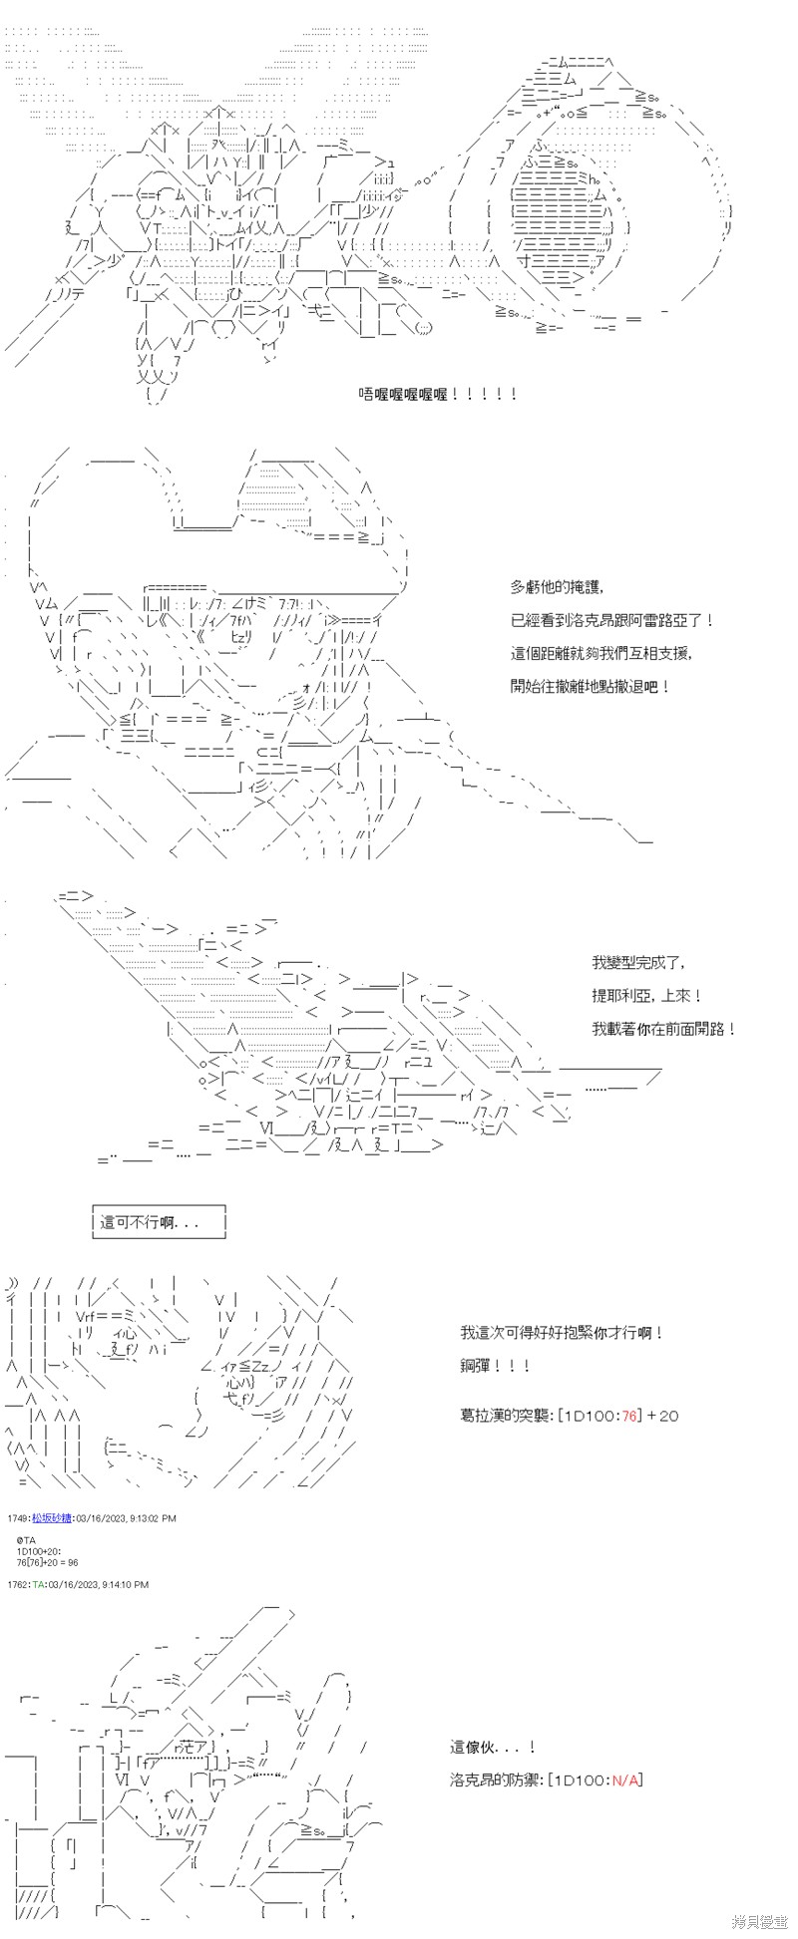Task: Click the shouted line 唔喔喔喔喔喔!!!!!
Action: point(438,394)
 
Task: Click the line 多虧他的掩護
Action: point(558,587)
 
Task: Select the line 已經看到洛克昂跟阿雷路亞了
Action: point(612,620)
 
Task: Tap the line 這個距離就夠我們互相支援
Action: point(601,653)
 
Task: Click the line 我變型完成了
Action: point(638,962)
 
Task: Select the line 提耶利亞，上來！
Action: point(646,995)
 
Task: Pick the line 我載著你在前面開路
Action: point(663,1028)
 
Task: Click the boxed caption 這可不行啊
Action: point(151,1221)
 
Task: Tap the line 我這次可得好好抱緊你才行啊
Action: point(562,1332)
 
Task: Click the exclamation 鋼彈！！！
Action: point(496,1365)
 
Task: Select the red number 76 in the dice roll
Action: point(628,1415)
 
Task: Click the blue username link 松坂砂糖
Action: point(51,1518)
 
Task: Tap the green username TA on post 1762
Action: point(37,1584)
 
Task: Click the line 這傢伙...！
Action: point(493,1747)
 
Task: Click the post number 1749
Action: point(17,1518)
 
